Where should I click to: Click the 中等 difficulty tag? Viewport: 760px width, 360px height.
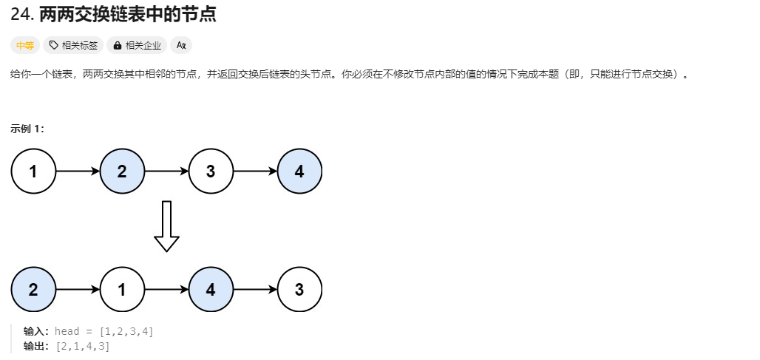25,46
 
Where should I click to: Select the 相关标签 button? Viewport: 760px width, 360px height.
73,46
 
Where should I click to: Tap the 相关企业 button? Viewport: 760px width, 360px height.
138,46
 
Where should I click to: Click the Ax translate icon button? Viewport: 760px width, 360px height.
181,46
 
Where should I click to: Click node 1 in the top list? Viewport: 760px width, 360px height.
33,171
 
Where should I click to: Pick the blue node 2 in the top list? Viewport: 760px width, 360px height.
122,171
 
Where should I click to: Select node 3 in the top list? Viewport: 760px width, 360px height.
211,171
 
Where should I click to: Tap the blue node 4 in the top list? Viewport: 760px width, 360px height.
299,171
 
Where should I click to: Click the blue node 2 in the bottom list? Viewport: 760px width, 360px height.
33,290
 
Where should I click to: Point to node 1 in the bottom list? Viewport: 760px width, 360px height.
122,290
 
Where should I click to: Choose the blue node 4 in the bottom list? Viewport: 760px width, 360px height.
211,290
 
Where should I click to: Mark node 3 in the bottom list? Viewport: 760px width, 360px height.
299,290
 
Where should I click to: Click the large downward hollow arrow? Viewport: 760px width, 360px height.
166,226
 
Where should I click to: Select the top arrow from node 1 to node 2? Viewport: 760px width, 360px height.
78,171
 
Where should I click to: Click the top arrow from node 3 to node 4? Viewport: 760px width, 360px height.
255,171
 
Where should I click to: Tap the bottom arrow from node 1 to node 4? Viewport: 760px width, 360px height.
166,290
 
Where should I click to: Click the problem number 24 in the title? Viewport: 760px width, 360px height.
21,14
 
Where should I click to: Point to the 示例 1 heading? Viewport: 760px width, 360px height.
27,129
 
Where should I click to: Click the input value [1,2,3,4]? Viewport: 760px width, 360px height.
126,331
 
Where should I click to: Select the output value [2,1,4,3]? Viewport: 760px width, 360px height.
83,346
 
